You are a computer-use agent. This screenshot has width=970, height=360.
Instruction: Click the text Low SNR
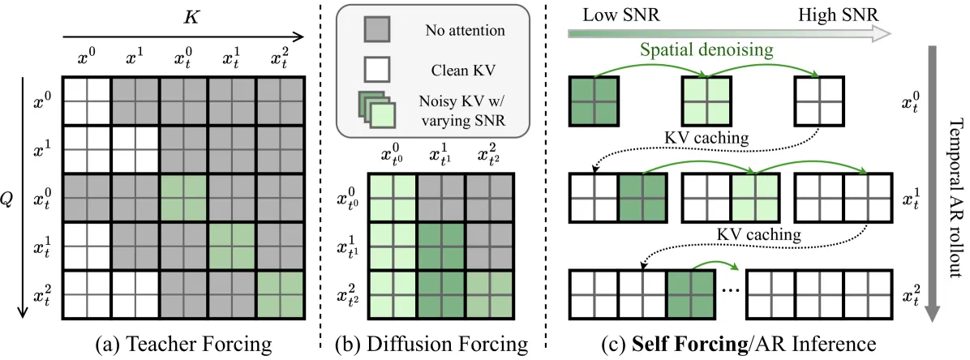point(620,15)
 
